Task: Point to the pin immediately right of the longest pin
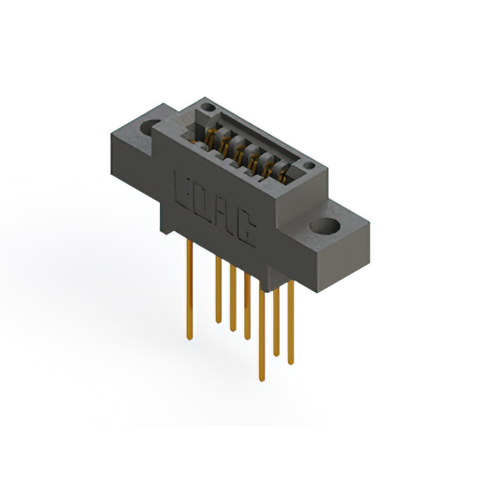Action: click(x=276, y=322)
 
